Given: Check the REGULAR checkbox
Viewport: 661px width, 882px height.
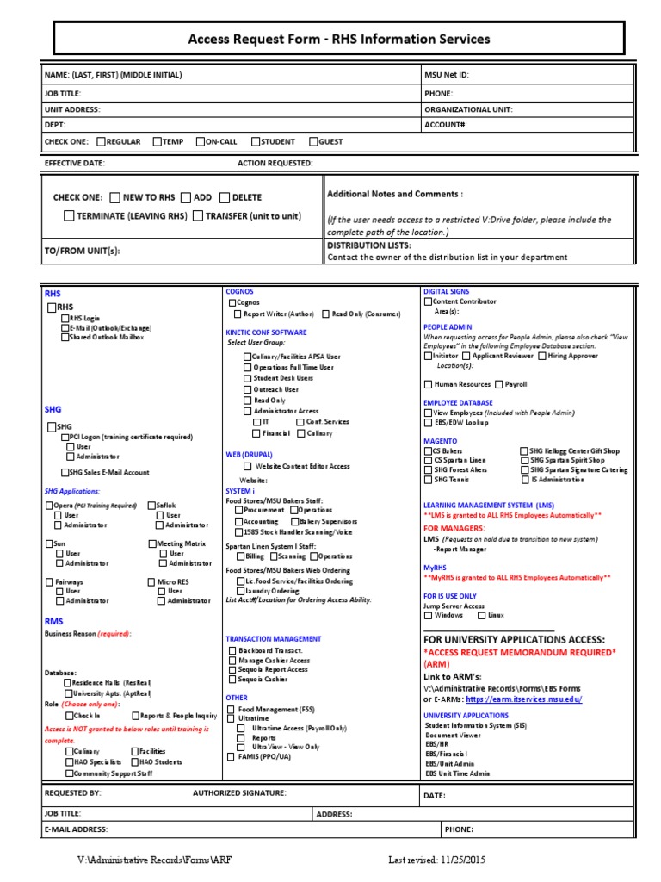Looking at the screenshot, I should pyautogui.click(x=101, y=141).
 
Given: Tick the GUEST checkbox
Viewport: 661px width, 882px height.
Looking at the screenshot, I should pyautogui.click(x=313, y=141).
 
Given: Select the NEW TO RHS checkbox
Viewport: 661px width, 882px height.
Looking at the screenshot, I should pyautogui.click(x=115, y=197).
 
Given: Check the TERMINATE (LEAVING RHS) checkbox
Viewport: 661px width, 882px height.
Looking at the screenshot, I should pyautogui.click(x=69, y=216).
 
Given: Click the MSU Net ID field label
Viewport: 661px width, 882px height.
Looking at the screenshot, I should pyautogui.click(x=446, y=75).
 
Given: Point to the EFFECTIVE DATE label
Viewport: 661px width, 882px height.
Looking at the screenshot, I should pyautogui.click(x=74, y=163).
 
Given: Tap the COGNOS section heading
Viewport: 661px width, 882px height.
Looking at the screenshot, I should pyautogui.click(x=239, y=292).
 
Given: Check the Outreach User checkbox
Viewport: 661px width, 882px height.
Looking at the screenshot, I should pyautogui.click(x=248, y=389).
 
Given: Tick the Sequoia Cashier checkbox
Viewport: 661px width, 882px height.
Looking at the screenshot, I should pyautogui.click(x=232, y=680).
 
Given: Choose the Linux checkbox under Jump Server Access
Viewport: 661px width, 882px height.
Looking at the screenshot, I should pyautogui.click(x=480, y=615).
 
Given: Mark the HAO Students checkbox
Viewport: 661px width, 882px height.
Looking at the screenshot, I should pyautogui.click(x=135, y=762).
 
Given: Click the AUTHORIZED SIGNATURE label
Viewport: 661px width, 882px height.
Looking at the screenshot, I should pyautogui.click(x=239, y=792).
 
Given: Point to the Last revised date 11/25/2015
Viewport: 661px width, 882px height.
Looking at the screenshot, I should pyautogui.click(x=436, y=860).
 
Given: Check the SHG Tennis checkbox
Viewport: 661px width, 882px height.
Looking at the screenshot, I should pyautogui.click(x=428, y=480).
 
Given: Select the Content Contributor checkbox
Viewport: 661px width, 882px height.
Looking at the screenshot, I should pyautogui.click(x=428, y=301).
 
